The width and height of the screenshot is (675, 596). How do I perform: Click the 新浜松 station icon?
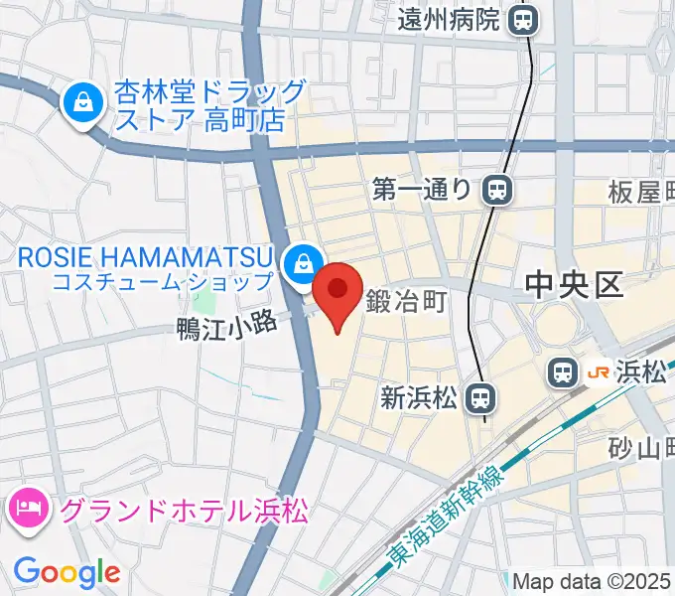tap(480, 398)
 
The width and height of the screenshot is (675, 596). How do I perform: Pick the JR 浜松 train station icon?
tap(562, 373)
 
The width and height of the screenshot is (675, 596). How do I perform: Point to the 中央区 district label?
tap(574, 286)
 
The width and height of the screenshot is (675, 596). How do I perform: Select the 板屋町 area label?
tap(641, 192)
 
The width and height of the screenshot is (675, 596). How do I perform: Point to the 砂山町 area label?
tap(641, 450)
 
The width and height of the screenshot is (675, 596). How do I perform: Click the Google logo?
tap(67, 572)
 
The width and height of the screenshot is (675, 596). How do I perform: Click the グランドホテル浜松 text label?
tap(185, 513)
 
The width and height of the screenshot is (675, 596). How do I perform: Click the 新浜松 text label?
tap(418, 398)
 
